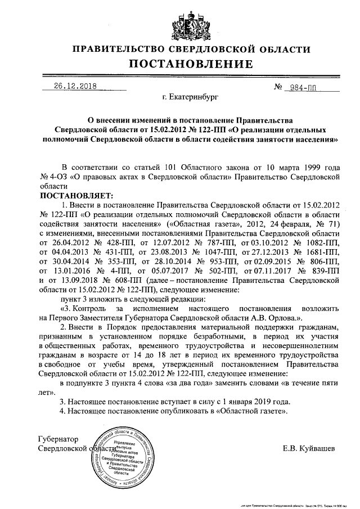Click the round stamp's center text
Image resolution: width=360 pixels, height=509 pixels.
[x=124, y=456]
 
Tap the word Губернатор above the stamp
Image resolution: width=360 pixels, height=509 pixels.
[x=58, y=438]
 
